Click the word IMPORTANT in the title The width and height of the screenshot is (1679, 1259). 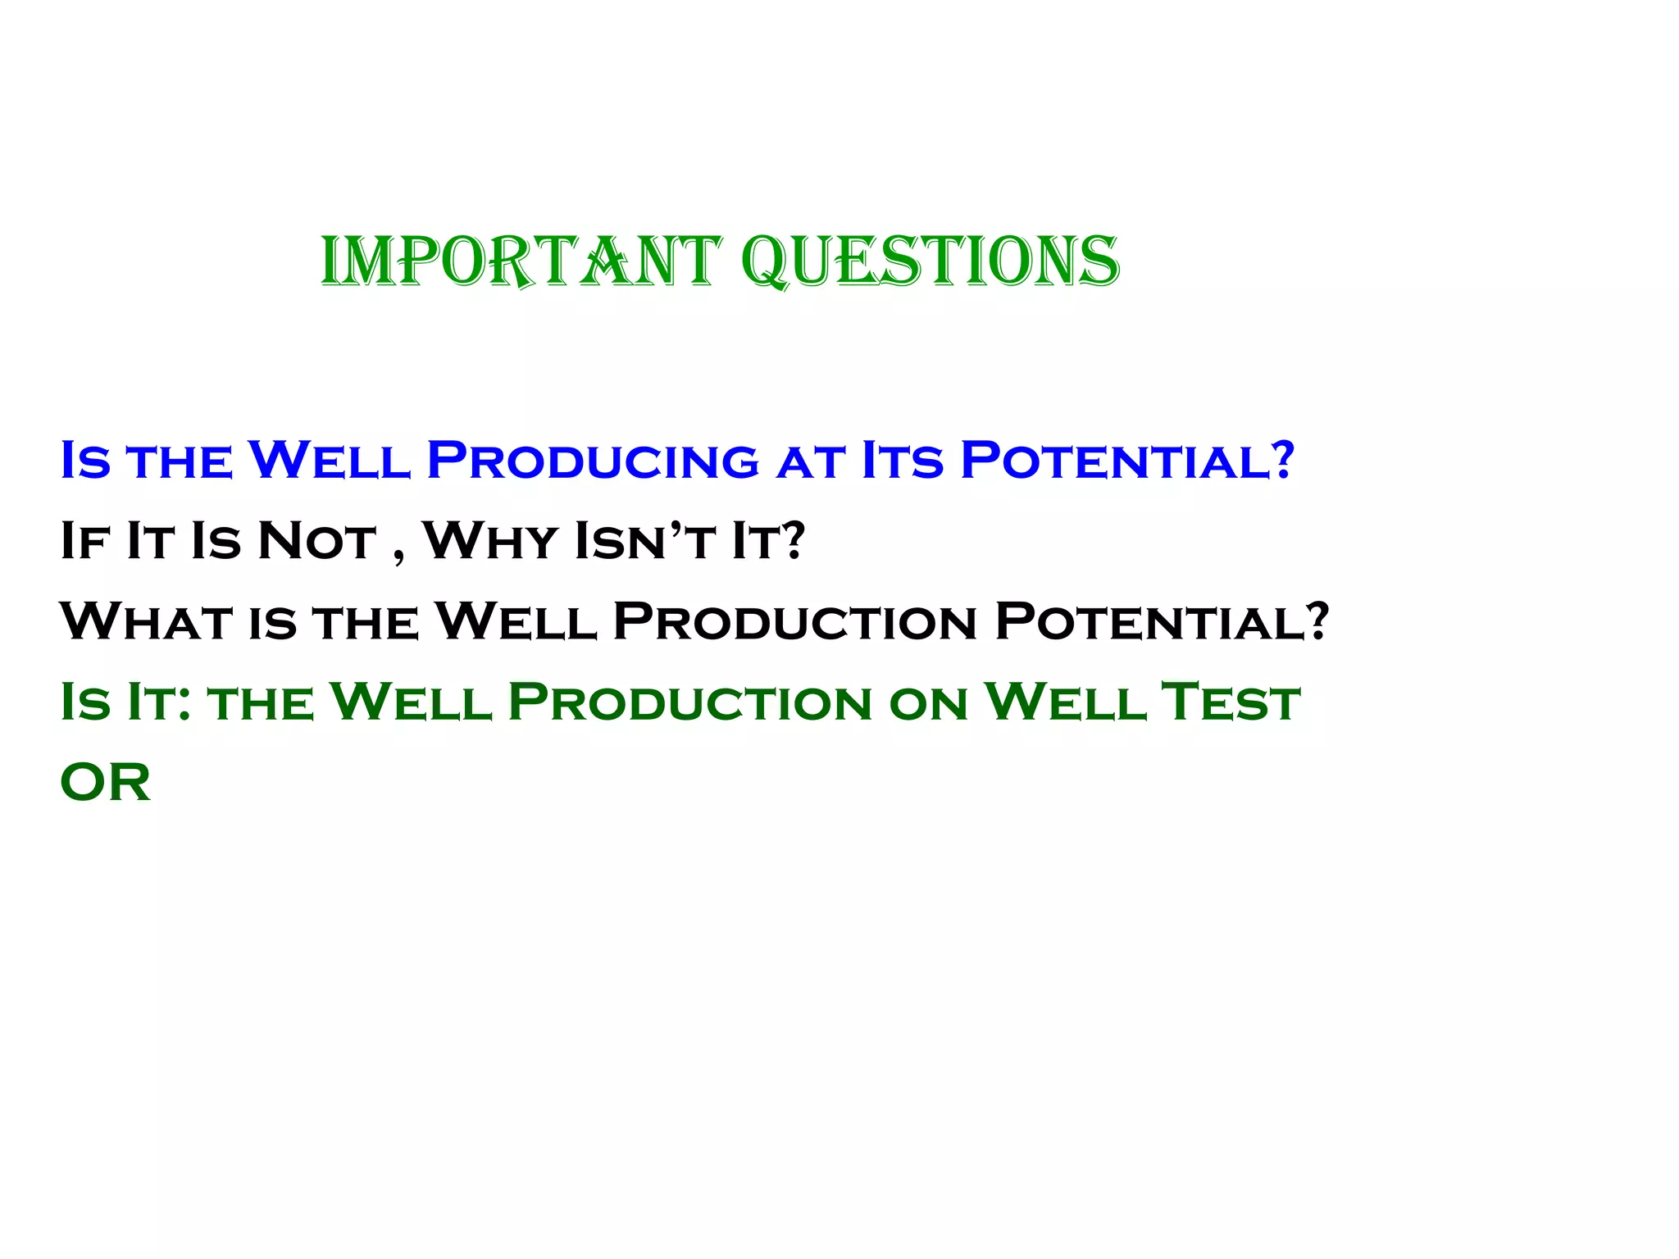click(521, 261)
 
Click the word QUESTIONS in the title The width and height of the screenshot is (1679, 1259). click(930, 261)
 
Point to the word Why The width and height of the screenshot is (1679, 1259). click(490, 541)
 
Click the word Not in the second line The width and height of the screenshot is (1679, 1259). click(316, 541)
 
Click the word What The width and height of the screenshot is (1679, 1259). click(146, 621)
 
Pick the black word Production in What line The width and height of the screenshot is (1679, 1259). click(794, 621)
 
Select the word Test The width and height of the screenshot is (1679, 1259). click(1232, 702)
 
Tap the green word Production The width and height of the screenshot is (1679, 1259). click(689, 702)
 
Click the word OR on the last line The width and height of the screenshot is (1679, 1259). click(106, 783)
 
